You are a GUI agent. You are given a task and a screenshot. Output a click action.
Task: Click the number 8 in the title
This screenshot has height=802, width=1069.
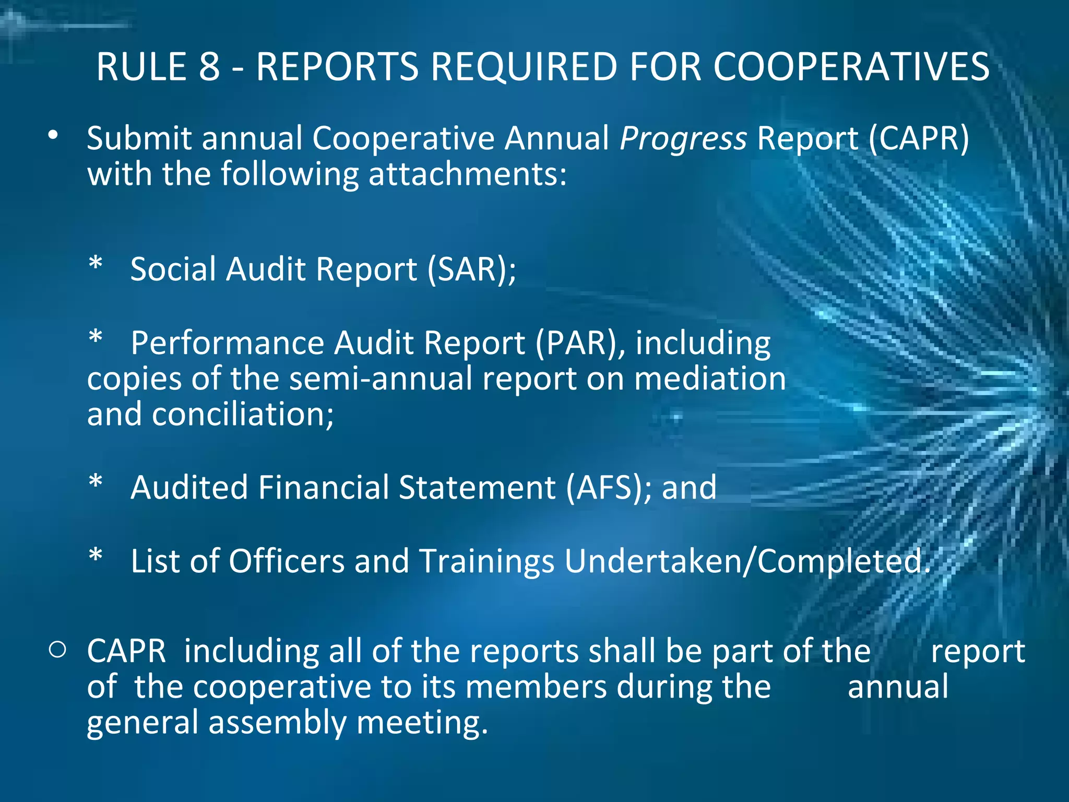[x=209, y=67]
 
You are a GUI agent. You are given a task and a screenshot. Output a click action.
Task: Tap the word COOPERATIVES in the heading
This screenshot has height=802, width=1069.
[x=851, y=67]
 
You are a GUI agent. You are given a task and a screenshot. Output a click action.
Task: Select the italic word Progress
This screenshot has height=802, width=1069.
[x=683, y=139]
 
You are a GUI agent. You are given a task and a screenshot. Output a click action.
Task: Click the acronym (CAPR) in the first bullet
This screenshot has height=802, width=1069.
[x=919, y=139]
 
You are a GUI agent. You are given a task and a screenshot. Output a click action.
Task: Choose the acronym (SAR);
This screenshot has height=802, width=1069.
[x=472, y=269]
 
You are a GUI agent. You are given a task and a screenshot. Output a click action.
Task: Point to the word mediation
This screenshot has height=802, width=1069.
[x=710, y=379]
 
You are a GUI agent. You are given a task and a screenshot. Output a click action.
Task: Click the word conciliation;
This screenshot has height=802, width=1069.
[x=243, y=415]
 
